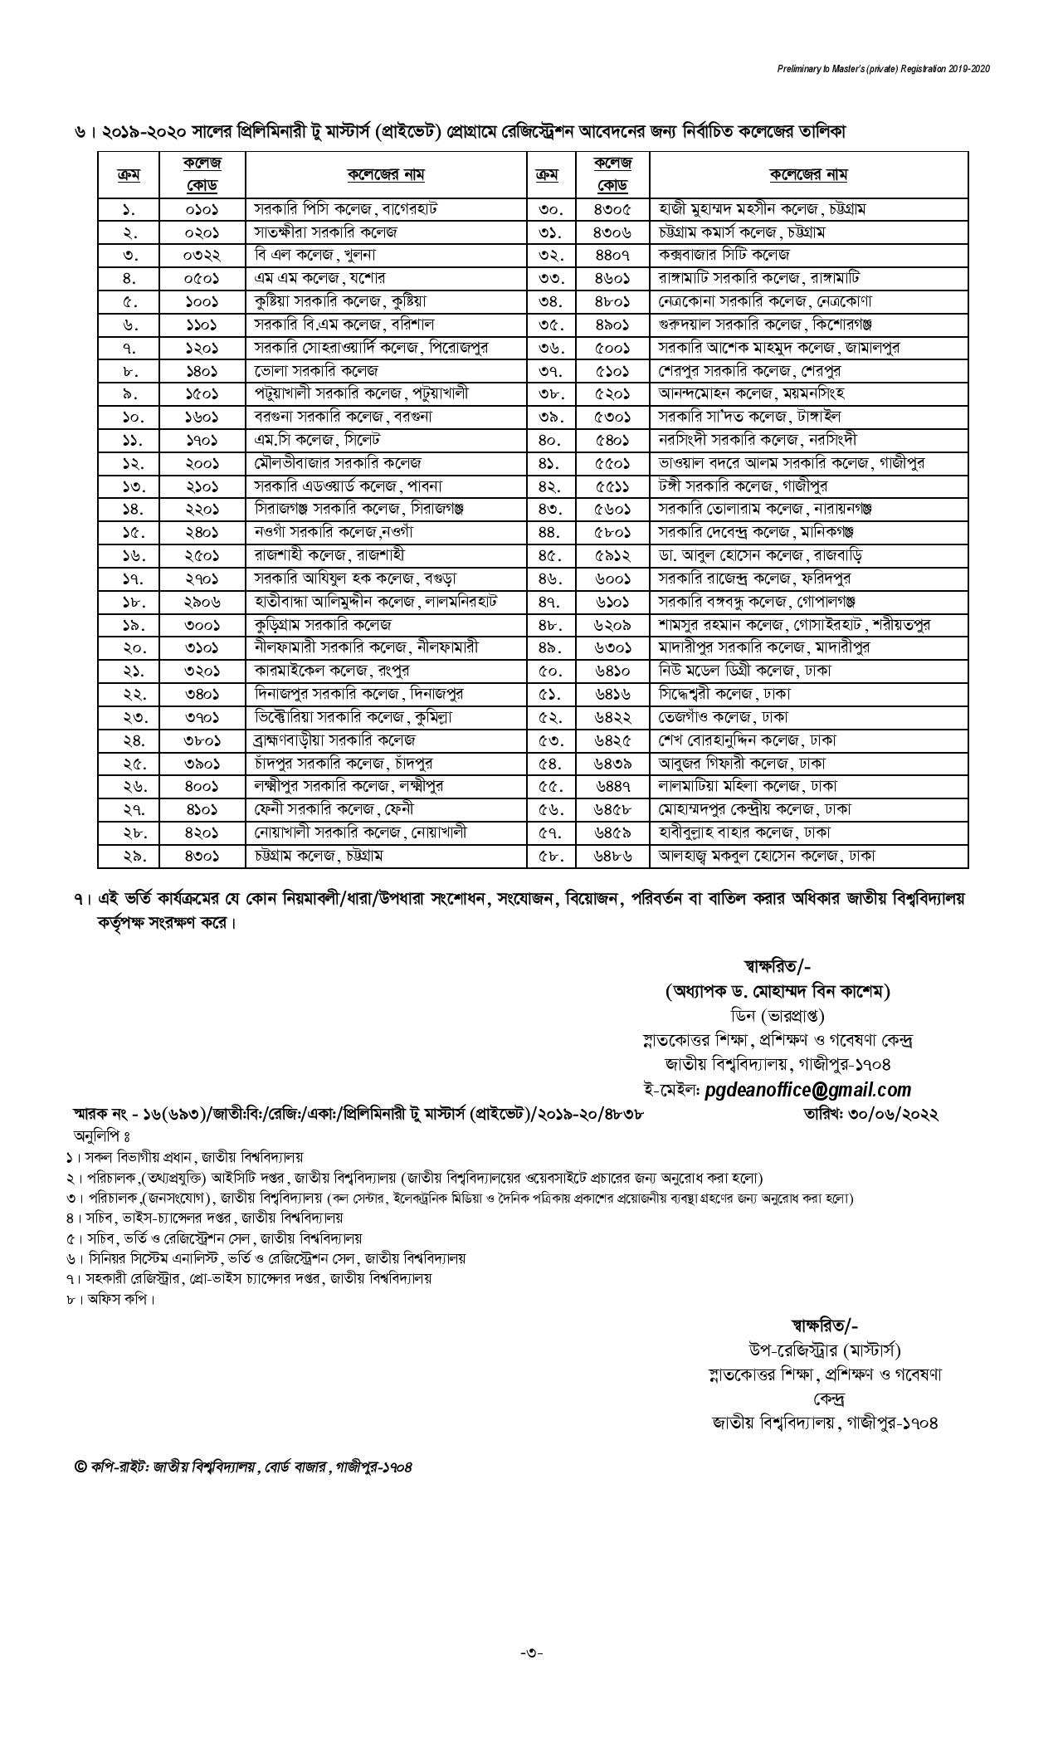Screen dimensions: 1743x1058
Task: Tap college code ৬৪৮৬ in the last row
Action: [x=612, y=855]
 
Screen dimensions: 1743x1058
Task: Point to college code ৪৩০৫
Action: [x=612, y=208]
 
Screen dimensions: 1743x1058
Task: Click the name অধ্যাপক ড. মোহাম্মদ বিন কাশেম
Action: [x=777, y=991]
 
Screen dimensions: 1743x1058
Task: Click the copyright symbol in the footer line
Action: [x=80, y=1467]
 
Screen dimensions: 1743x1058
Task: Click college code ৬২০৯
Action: [x=612, y=624]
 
